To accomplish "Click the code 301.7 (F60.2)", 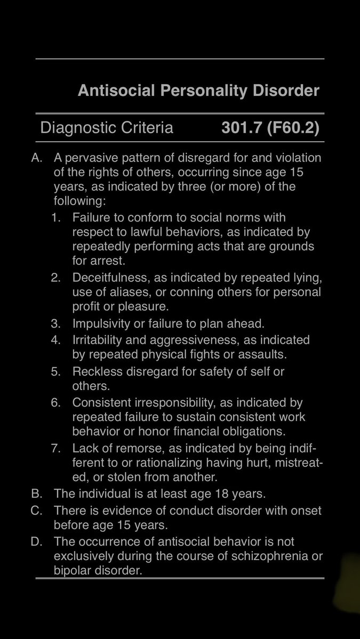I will pyautogui.click(x=270, y=128).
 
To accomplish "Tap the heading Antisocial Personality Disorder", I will pyautogui.click(x=198, y=91).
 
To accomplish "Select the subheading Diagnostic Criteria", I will pyautogui.click(x=107, y=128).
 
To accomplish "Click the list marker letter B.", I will pyautogui.click(x=36, y=494).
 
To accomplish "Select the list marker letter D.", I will pyautogui.click(x=36, y=542).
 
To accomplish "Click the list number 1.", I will pyautogui.click(x=55, y=218).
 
